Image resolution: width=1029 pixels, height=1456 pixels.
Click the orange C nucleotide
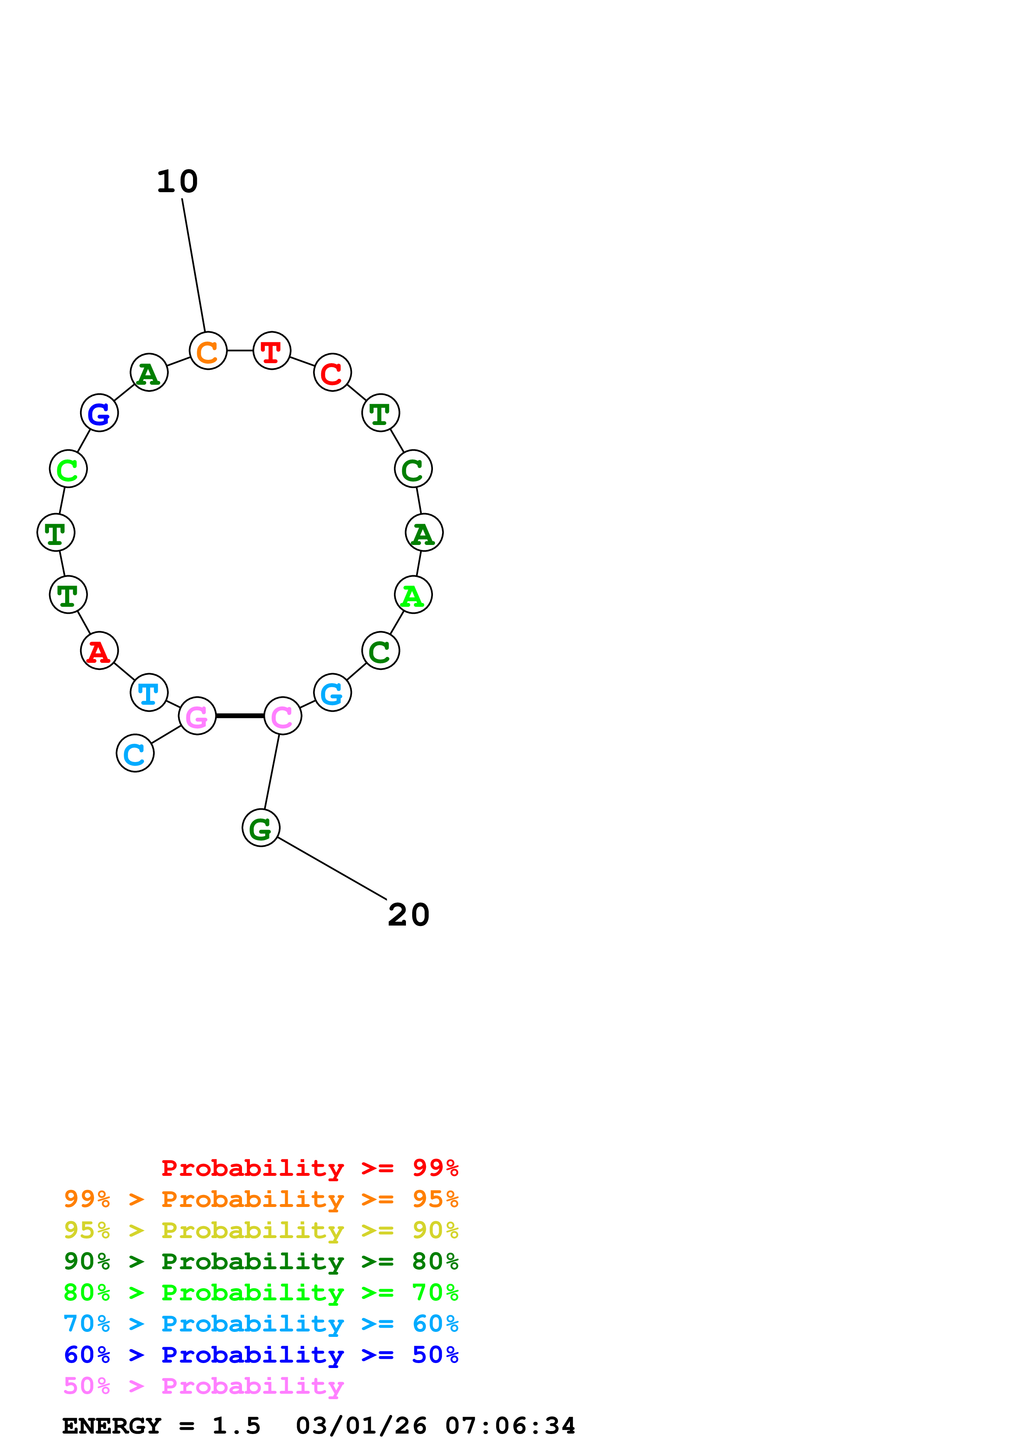(208, 351)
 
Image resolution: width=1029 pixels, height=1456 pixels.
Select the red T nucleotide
(272, 351)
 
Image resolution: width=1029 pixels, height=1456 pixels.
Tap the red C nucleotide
(332, 373)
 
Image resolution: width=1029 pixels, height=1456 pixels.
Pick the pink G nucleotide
(197, 716)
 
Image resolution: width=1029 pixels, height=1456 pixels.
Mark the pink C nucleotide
(283, 716)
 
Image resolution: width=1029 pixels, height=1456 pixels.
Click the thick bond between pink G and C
(240, 716)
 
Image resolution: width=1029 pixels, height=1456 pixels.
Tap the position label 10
(178, 182)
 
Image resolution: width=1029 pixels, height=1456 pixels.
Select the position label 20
(409, 915)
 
